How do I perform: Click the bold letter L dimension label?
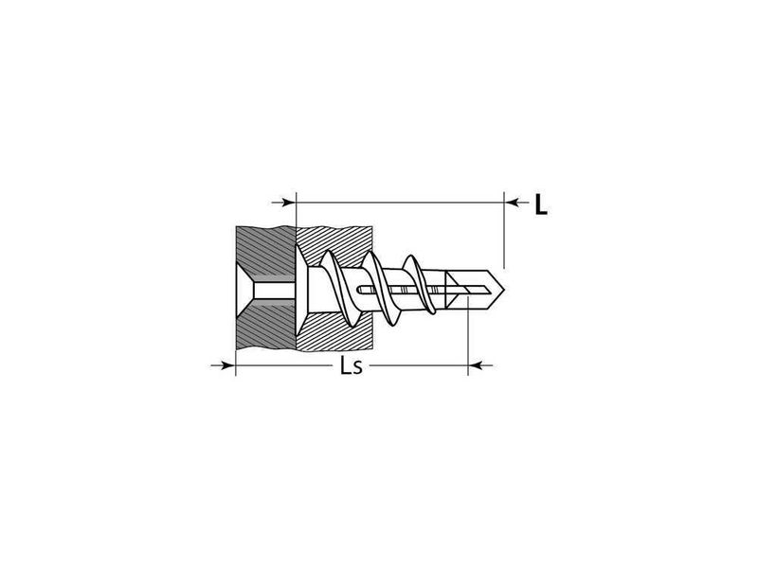[x=541, y=204]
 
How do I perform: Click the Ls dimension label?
[x=351, y=365]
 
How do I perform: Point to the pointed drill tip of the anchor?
[x=504, y=290]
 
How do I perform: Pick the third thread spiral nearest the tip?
[x=420, y=284]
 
